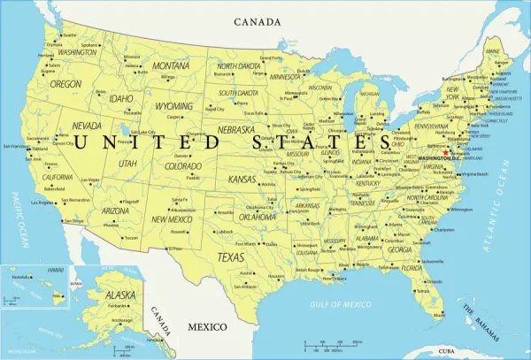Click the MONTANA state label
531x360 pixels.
(171, 65)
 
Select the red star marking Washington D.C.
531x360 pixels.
(446, 151)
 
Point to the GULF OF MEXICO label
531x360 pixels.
(338, 303)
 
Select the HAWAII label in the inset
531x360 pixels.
(55, 270)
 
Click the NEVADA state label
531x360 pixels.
(85, 125)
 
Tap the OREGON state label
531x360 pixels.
(65, 84)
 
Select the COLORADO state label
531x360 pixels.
(182, 165)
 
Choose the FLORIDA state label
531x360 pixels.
(412, 268)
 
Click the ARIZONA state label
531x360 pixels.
(115, 211)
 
